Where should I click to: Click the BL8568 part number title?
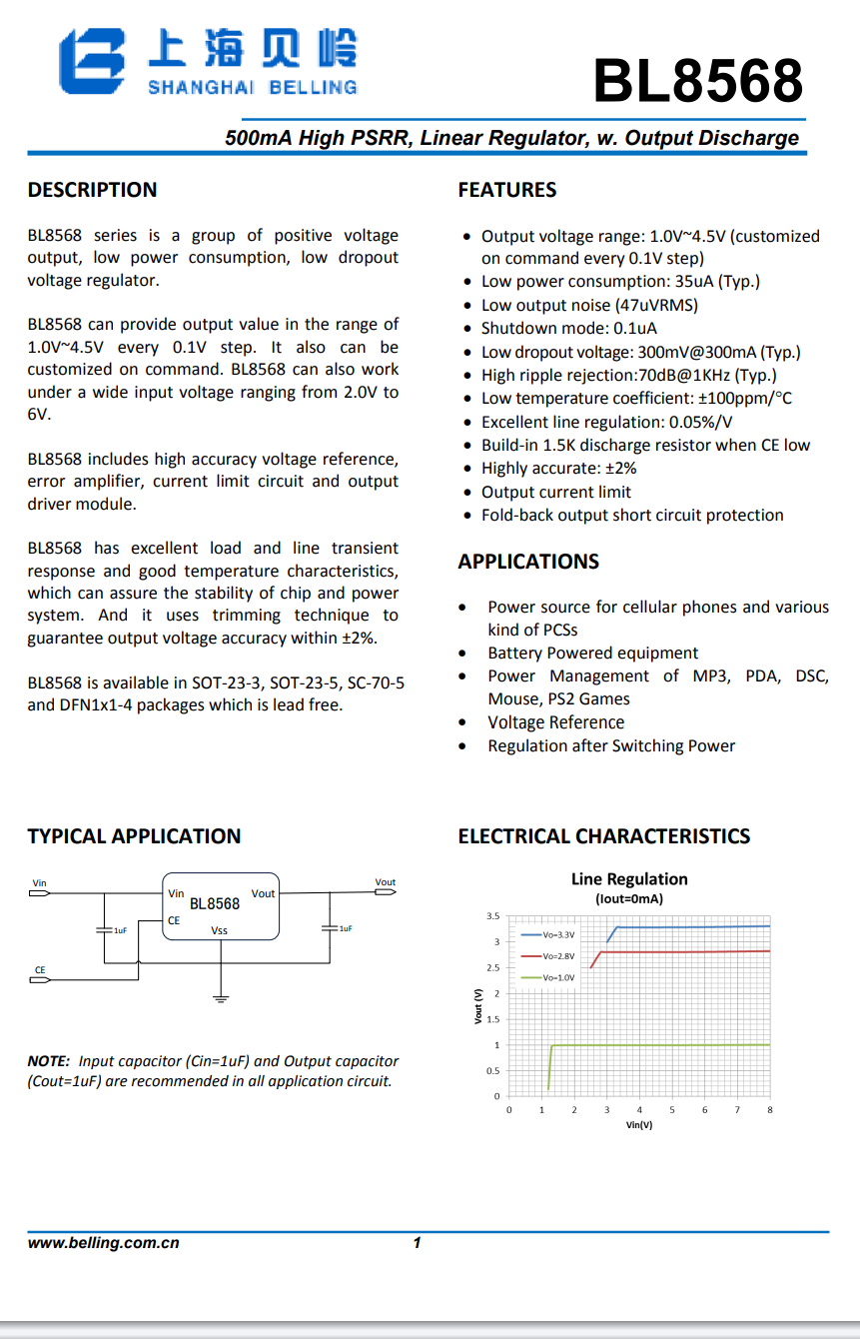697,80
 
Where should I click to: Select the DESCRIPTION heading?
92,190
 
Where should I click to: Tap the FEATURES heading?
506,190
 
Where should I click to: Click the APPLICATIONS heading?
528,562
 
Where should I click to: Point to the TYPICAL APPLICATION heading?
134,836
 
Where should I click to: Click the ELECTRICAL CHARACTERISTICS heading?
603,836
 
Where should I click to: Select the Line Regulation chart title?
629,879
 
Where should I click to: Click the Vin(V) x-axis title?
639,1125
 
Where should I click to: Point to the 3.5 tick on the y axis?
492,916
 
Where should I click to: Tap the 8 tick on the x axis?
770,1110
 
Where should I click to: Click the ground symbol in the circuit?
221,996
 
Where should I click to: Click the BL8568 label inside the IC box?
215,903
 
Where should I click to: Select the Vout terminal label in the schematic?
386,882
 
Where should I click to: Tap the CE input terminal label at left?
40,970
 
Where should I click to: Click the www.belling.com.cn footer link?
103,1243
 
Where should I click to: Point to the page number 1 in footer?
417,1243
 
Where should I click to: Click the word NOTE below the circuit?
48,1061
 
